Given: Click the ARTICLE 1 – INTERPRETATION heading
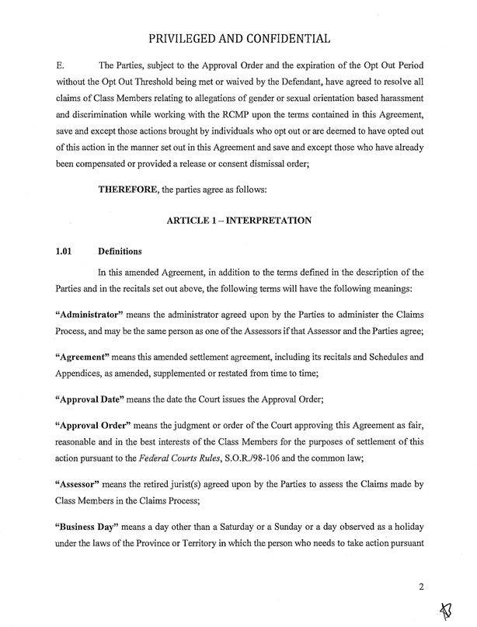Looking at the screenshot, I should tap(239, 221).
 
